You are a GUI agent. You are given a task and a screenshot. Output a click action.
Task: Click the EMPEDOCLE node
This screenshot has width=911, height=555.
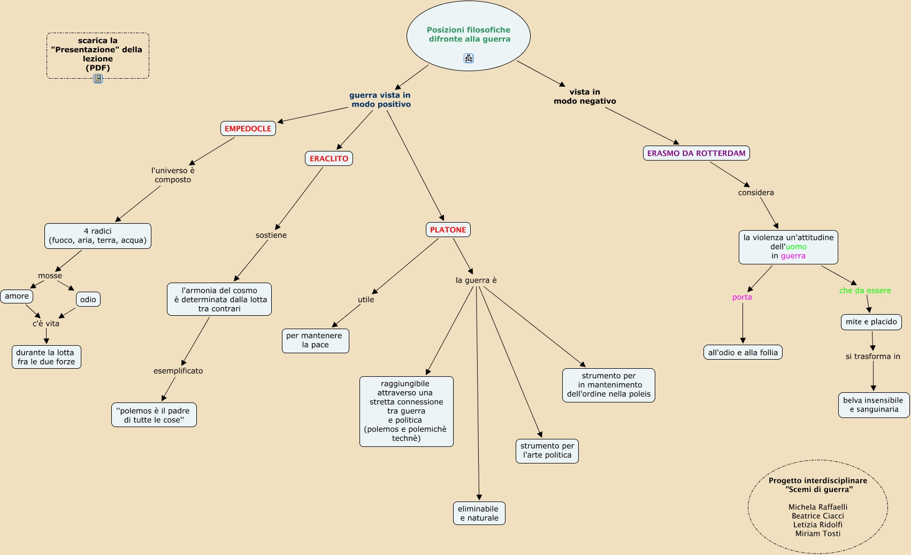click(x=248, y=128)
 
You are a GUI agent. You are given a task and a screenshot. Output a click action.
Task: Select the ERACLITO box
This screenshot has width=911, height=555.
click(x=329, y=158)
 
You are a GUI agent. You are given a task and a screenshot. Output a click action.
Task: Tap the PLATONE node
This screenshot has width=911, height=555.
click(x=448, y=230)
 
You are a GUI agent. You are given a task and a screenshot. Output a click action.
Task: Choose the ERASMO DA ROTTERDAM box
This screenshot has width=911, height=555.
click(x=696, y=153)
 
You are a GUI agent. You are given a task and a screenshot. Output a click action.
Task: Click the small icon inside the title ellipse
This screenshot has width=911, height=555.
click(x=469, y=58)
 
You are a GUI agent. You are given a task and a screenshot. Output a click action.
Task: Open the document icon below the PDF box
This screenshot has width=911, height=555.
click(x=98, y=79)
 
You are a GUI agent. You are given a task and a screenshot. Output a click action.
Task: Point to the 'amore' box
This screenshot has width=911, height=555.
click(x=17, y=296)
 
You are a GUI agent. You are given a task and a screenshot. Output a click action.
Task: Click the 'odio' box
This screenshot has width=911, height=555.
click(x=88, y=300)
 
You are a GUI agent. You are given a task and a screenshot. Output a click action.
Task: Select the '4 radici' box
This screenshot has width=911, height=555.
click(x=98, y=236)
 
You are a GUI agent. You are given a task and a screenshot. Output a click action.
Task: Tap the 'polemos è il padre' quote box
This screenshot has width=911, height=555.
click(x=154, y=415)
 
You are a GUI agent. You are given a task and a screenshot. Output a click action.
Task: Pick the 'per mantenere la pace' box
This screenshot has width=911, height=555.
click(x=315, y=340)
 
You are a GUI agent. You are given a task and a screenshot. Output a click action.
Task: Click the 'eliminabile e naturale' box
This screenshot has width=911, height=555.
click(x=479, y=513)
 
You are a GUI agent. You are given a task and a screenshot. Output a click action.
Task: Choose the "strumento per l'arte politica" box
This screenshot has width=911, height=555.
click(x=547, y=451)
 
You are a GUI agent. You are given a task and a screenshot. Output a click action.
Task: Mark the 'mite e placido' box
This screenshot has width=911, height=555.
click(x=871, y=322)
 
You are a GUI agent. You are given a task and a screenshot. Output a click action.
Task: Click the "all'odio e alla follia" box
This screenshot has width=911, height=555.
click(x=742, y=353)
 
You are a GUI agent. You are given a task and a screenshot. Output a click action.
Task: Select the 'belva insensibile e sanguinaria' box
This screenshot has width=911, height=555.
click(x=874, y=405)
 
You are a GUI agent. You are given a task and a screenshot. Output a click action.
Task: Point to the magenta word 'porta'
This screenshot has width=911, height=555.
click(x=742, y=297)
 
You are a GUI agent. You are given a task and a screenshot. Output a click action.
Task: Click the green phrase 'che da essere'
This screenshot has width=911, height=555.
click(x=865, y=291)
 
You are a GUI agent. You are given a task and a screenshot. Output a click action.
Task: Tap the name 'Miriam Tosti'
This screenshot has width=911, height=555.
click(x=818, y=534)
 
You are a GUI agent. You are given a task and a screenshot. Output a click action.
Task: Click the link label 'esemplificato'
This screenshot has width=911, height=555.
click(x=178, y=371)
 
